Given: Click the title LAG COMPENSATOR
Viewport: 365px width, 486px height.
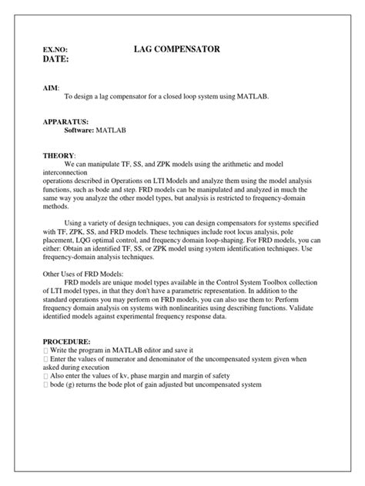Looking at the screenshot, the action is click(177, 49).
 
